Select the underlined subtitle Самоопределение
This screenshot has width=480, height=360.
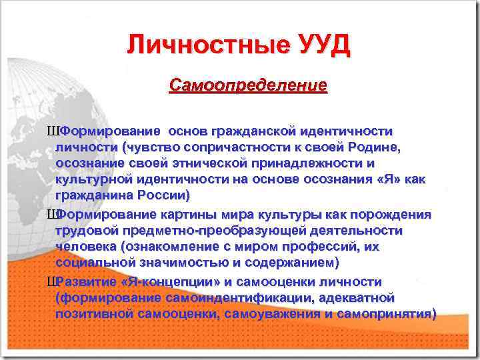pos(248,86)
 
